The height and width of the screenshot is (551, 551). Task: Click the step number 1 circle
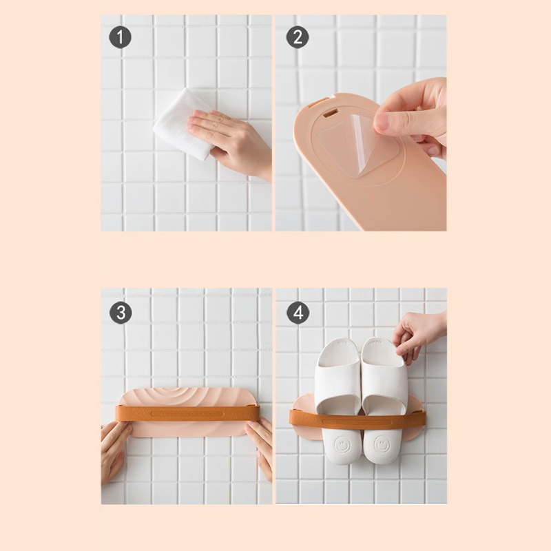tap(120, 37)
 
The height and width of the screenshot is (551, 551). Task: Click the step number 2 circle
tap(298, 37)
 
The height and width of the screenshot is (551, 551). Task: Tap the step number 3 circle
tap(121, 313)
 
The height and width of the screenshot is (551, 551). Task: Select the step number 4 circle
tap(298, 313)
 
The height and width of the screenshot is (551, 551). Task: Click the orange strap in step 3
tap(187, 413)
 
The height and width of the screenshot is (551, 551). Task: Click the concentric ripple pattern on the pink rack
tap(183, 397)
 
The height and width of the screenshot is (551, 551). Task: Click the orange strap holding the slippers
tap(357, 419)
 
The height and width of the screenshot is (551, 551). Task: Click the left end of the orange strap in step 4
tap(290, 417)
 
